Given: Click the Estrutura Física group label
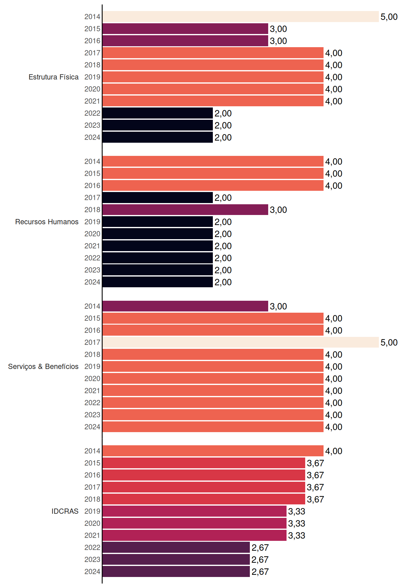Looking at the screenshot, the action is pos(54,77).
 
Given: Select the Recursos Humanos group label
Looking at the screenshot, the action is pos(47,222).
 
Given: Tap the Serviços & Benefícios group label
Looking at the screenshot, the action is pos(43,367).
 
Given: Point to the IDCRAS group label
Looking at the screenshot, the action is pos(65,511).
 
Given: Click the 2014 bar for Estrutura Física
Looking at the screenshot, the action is pos(241,17).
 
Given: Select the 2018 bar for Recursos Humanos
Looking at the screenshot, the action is pos(185,210).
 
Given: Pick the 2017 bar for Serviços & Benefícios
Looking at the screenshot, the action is pos(241,342).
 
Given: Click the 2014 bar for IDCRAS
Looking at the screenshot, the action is pos(213,451).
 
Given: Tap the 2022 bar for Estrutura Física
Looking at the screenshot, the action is pos(158,113).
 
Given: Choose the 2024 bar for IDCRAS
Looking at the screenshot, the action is pos(176,571).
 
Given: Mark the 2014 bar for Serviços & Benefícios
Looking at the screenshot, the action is pos(185,306).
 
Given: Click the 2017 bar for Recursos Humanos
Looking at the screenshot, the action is pos(158,198).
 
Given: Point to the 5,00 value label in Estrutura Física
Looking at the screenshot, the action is pos(389,17).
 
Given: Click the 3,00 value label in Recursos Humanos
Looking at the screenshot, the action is pos(278,210).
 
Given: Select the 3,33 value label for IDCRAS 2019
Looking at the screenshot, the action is pos(297,511).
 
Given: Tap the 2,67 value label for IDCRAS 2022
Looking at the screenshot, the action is pos(260,548).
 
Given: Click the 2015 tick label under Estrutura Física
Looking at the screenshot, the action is pos(92,29).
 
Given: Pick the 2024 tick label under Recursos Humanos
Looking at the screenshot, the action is pos(92,282).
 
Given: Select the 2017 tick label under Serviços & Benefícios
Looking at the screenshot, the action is pos(92,342).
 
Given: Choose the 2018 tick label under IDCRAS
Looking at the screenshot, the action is pos(92,499).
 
